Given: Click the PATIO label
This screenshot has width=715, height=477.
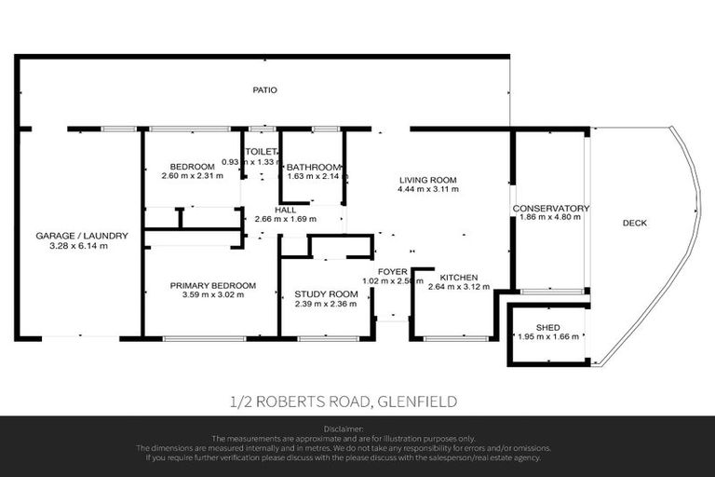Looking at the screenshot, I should pos(265,90).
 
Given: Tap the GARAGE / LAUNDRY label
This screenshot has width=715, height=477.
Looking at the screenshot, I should pos(82,236).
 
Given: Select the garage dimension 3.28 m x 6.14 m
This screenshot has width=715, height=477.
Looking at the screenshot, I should pos(82,246).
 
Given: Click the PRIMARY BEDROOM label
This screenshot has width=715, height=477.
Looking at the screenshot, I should pos(213,285).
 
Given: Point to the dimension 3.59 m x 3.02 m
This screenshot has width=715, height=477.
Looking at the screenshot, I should pos(213,295).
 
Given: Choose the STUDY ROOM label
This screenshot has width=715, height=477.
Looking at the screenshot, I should pos(319,293).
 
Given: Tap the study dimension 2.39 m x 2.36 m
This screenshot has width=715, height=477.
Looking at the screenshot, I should pos(319,303).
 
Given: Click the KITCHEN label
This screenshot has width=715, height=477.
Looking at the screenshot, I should pos(459,278).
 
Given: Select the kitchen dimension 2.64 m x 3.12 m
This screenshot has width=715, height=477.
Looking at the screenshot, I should pos(459,288).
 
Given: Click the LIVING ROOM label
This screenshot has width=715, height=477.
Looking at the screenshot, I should pos(427,179).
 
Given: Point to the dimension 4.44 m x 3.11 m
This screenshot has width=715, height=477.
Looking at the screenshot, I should pos(427,189).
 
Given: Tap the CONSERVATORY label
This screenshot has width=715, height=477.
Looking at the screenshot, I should pos(551,208).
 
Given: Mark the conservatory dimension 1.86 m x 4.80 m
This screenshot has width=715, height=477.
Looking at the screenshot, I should pos(551,217).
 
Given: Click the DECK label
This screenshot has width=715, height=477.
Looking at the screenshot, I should pos(635,223).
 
